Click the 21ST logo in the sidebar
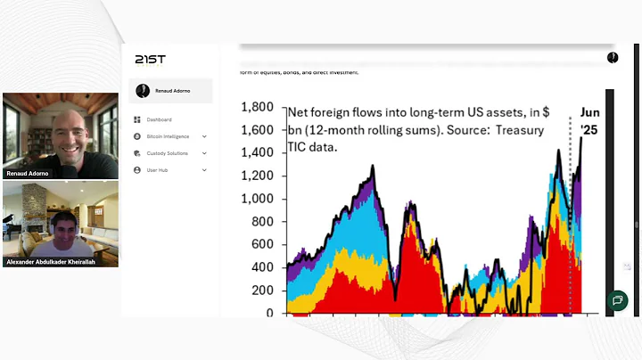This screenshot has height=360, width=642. click(x=150, y=60)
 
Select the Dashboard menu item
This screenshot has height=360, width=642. click(x=159, y=119)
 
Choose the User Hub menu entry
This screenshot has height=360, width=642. click(x=157, y=169)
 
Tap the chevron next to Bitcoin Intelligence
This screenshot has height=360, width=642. click(x=204, y=136)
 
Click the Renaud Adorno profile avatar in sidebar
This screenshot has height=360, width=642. click(x=144, y=90)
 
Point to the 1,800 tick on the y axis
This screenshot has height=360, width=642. click(x=257, y=107)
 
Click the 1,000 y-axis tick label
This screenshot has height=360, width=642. click(x=257, y=199)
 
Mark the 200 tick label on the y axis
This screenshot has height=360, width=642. click(x=261, y=290)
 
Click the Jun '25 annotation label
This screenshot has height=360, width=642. click(x=590, y=121)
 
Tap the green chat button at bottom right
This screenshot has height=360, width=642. click(x=616, y=301)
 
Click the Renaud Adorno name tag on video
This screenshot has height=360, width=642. click(x=27, y=173)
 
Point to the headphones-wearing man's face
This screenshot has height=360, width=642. click(x=62, y=226)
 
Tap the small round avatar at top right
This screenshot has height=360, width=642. click(x=613, y=58)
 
